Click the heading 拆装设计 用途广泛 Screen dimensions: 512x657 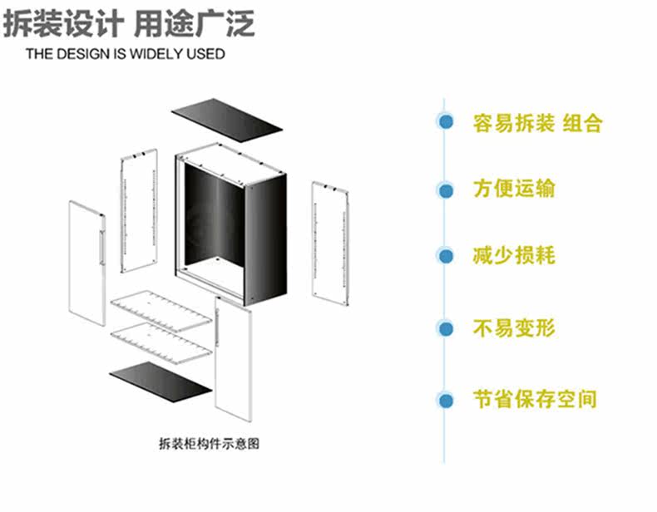tap(130, 24)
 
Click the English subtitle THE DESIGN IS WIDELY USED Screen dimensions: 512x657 tap(126, 55)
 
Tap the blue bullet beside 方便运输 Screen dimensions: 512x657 tap(447, 190)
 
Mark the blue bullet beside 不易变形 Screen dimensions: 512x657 tap(447, 328)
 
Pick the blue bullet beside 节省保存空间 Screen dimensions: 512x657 tap(447, 400)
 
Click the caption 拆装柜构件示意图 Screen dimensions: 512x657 tap(209, 444)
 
